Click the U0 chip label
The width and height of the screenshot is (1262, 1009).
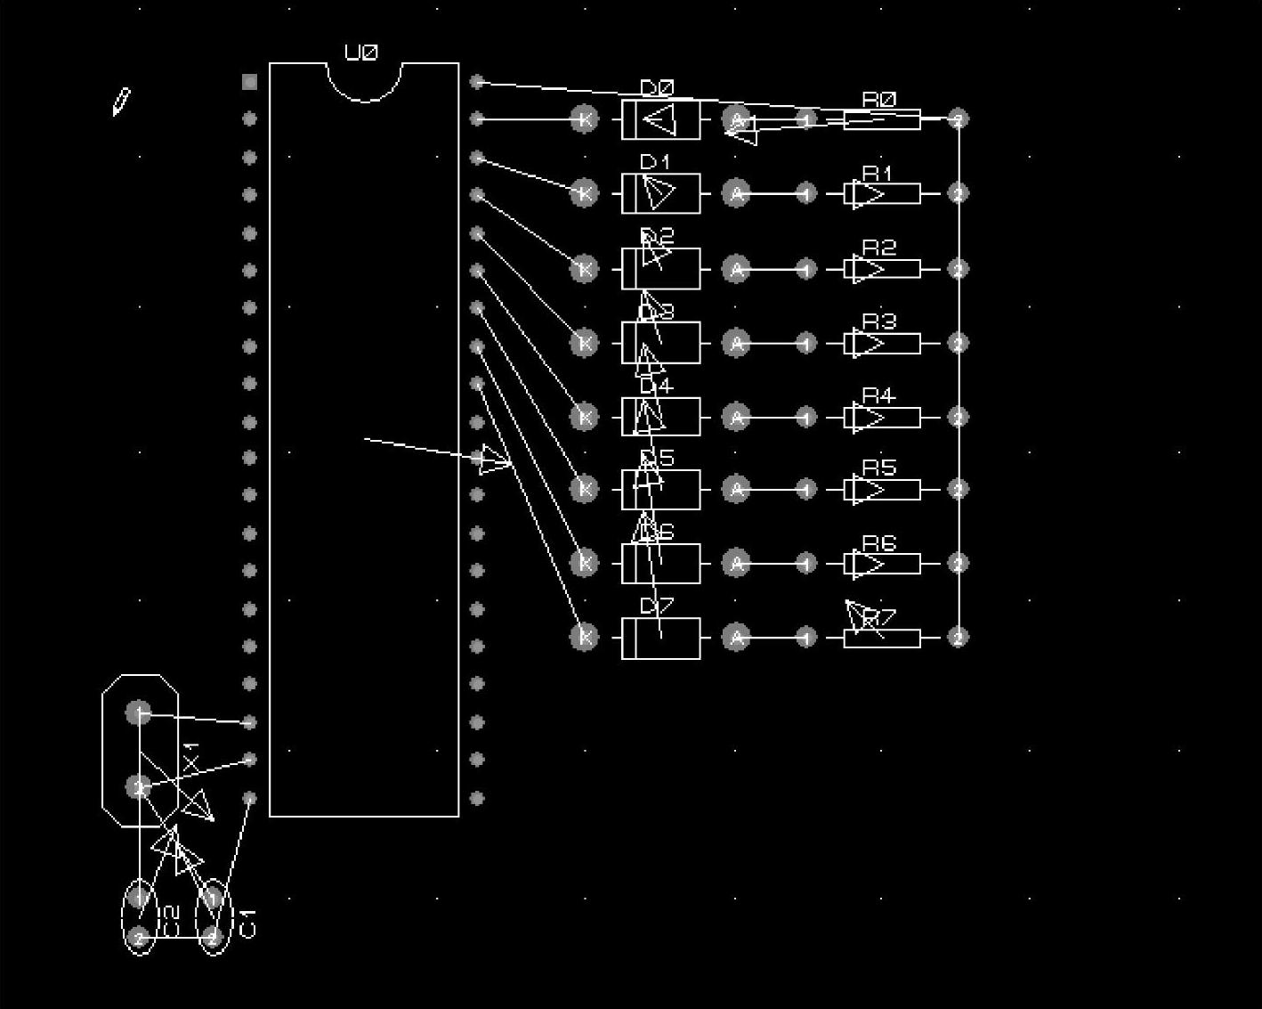pos(361,53)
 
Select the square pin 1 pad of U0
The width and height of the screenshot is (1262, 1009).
pos(249,82)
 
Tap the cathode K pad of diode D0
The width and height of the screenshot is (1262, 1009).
pos(584,119)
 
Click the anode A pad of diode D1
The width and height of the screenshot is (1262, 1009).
pos(736,193)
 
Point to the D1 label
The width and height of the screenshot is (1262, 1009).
pos(655,162)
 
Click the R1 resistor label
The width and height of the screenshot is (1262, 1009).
pos(878,173)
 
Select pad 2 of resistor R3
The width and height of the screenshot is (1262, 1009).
pos(958,343)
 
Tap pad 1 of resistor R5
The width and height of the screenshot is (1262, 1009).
pos(806,489)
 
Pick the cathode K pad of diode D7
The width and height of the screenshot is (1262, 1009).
pos(584,637)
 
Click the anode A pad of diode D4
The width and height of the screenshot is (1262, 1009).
pos(736,417)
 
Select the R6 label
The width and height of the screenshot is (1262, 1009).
pos(878,543)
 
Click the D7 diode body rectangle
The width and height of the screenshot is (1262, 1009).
pos(681,638)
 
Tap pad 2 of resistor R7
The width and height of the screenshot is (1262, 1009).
pos(958,637)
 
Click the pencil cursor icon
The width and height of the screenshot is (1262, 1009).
pos(121,102)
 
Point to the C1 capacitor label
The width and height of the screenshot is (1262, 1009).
pos(248,924)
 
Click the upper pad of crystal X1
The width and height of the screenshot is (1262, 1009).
pos(138,712)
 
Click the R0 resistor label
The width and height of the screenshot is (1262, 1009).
pos(879,100)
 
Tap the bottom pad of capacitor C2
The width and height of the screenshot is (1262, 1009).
pos(138,937)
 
